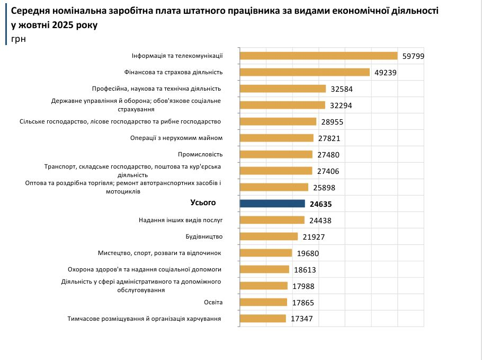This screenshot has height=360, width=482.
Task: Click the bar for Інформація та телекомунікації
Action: pos(318,56)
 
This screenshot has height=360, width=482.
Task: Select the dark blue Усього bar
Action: pos(272,204)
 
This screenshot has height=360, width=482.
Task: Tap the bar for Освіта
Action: pos(263,302)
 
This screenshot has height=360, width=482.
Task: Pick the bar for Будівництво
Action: pos(269,236)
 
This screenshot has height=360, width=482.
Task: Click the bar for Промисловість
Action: pos(276,154)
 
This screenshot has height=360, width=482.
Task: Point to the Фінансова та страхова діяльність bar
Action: pos(305,72)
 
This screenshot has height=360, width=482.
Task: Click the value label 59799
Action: pos(413,56)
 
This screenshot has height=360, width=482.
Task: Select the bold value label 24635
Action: pos(321,204)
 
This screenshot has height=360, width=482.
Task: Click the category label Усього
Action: pos(203,203)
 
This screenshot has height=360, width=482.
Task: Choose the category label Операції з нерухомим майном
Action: pos(176,138)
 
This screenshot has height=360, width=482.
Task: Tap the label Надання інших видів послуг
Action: pos(181,219)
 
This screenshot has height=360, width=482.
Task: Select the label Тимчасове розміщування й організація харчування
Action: pos(144,319)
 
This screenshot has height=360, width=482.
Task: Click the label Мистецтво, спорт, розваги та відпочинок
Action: pos(159,253)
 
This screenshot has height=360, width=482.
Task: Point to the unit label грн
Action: pos(18,39)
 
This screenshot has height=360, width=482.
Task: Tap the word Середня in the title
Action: pos(29,11)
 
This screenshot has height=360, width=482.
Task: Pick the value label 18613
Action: pos(305,270)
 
